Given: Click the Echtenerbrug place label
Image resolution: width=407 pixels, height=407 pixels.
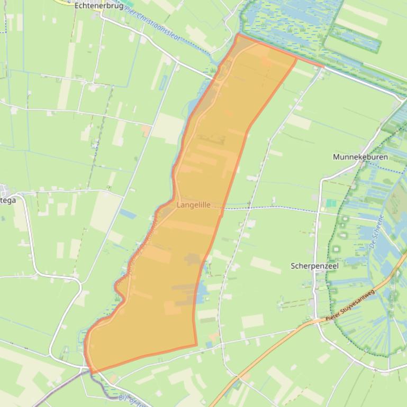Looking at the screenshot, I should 99,6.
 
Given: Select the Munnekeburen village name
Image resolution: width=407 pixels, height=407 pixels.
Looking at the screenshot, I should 360,157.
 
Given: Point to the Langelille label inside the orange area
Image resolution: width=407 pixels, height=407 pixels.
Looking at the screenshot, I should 193,205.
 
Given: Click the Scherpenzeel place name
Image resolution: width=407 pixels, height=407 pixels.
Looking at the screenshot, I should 314,266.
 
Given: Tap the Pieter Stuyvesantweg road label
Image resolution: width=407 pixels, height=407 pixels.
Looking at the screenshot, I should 350,306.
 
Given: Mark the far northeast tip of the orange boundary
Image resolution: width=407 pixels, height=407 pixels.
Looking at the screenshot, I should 322,67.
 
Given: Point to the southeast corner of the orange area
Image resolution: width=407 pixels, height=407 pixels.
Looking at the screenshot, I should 197,346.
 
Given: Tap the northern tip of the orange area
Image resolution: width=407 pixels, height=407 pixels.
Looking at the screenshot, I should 239,35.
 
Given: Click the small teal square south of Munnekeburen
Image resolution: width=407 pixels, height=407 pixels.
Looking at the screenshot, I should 331,203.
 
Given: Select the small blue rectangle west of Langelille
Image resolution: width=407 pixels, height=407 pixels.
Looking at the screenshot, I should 128,214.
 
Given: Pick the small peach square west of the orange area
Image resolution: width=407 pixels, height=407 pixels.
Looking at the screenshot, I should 145,129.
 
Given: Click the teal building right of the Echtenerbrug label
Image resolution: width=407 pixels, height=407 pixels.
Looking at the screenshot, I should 129,4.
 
